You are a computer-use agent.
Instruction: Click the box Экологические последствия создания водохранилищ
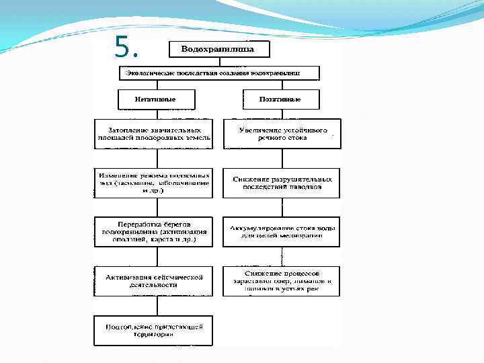click(x=219, y=73)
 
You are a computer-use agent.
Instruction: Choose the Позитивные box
click(x=280, y=99)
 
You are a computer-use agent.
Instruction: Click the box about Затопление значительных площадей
click(x=153, y=133)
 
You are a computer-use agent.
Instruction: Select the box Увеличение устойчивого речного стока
click(x=282, y=133)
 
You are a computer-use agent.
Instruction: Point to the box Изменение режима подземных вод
click(x=153, y=182)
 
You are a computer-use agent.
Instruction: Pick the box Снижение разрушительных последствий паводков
click(x=282, y=183)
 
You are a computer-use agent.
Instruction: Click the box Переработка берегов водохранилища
click(x=153, y=232)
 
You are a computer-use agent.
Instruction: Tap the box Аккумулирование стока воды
click(x=282, y=232)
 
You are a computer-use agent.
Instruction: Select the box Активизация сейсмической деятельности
click(x=153, y=281)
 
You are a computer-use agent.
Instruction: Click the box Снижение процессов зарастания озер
click(x=282, y=281)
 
